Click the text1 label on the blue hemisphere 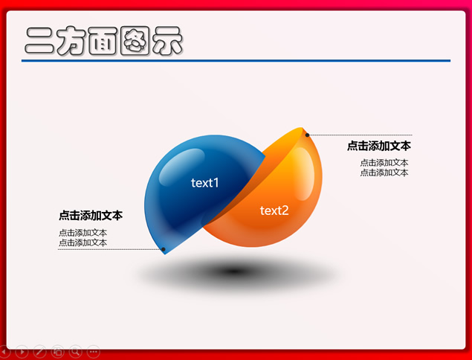(x=204, y=182)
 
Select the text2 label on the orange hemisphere (x=274, y=210)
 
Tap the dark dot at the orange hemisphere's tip (x=307, y=135)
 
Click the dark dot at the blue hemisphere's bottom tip (x=164, y=249)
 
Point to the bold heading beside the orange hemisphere (x=378, y=146)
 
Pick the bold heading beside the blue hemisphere (x=91, y=216)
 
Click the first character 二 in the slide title (x=39, y=41)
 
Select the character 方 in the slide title (x=71, y=41)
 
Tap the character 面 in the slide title (x=103, y=41)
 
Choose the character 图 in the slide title (x=135, y=41)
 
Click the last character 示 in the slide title (x=167, y=41)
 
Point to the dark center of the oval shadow (x=233, y=271)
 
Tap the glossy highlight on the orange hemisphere (x=303, y=174)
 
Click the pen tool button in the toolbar (x=39, y=351)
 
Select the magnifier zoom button (x=76, y=351)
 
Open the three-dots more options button (x=94, y=351)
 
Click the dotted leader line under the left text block (x=109, y=249)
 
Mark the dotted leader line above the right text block (x=361, y=135)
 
